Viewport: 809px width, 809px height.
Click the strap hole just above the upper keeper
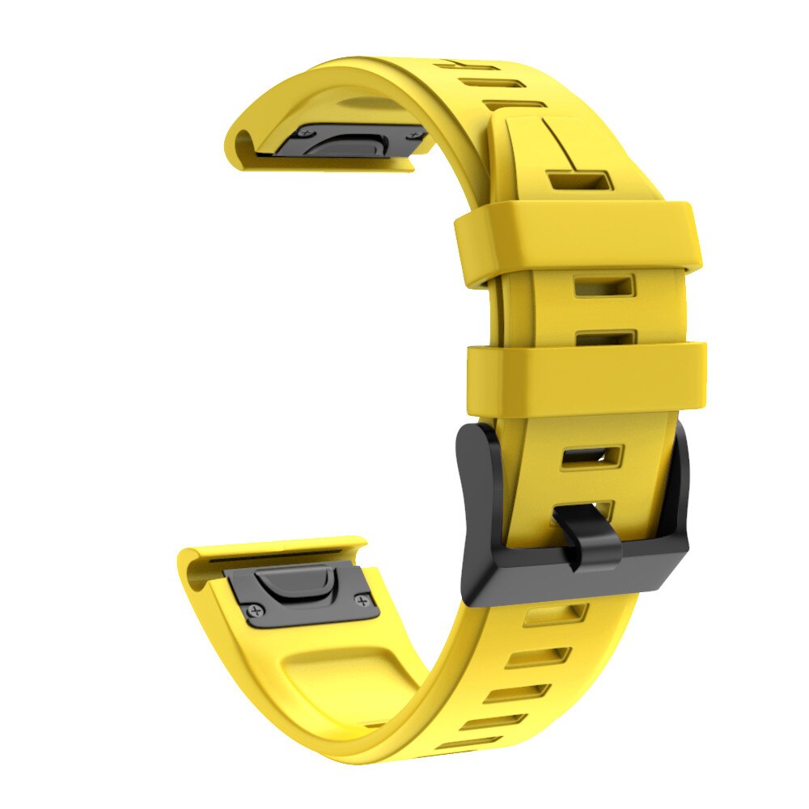click(578, 180)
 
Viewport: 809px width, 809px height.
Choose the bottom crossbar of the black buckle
click(566, 581)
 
